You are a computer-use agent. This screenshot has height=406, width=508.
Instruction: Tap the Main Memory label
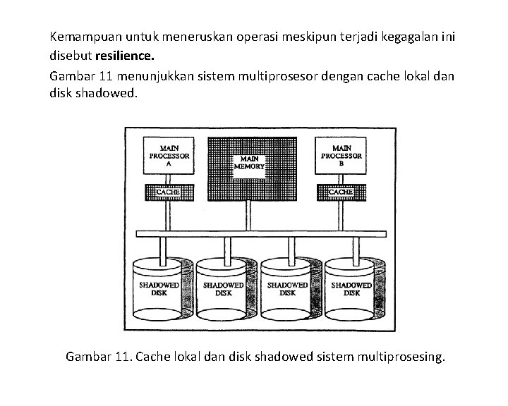point(250,163)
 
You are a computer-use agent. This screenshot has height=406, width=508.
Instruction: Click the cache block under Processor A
point(169,192)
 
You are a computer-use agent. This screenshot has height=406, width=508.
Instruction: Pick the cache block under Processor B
point(341,192)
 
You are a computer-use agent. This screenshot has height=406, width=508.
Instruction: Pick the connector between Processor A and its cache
point(169,178)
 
